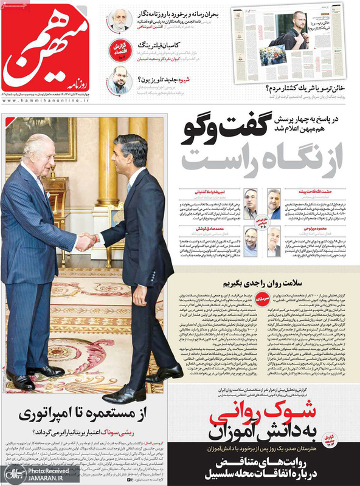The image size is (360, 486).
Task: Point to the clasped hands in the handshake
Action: [87, 242]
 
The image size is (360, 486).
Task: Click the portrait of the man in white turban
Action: [120, 21]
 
